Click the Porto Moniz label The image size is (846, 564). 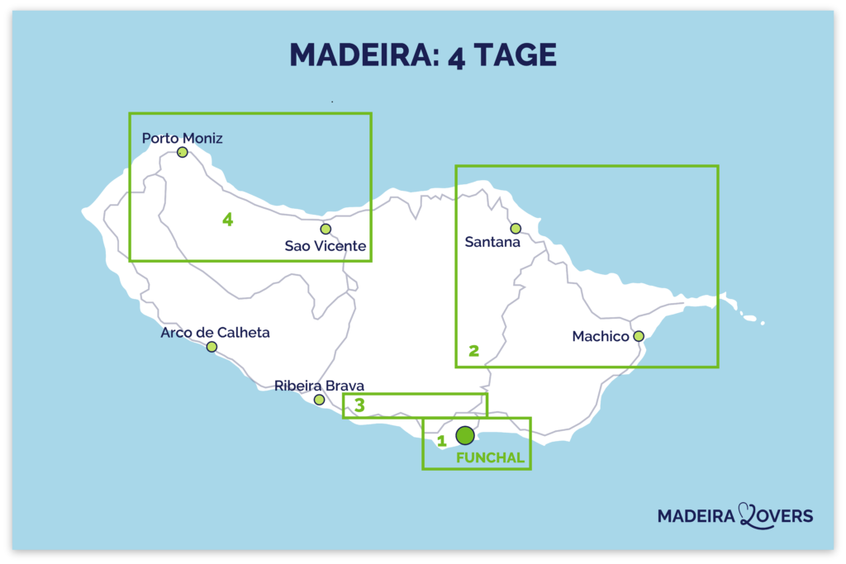183,138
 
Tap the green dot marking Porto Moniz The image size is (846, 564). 183,152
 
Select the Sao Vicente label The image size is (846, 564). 325,246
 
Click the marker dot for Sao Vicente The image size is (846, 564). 326,229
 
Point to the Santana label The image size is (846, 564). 492,243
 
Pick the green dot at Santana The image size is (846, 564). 516,228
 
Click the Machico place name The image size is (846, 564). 601,337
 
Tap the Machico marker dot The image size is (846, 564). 639,336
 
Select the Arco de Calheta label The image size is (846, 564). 215,333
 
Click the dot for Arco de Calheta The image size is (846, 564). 211,347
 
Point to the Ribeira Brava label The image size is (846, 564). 319,386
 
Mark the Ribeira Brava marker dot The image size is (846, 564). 319,400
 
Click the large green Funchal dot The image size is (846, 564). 465,435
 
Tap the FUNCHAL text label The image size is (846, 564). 490,457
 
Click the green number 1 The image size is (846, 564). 442,441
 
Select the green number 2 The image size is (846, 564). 473,351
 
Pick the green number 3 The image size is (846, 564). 359,405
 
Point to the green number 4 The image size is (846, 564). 228,220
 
